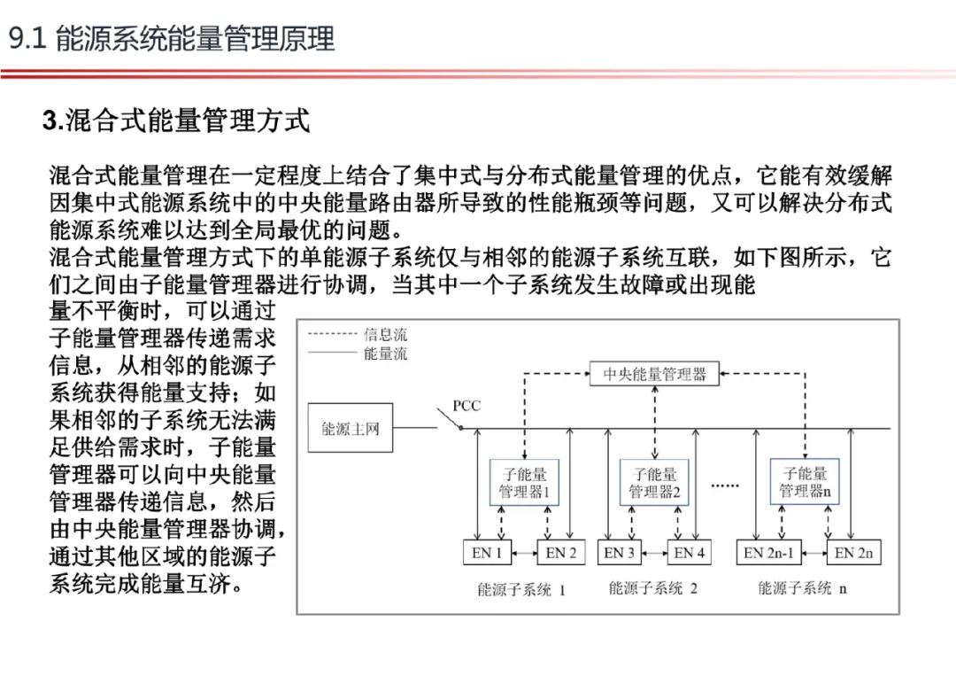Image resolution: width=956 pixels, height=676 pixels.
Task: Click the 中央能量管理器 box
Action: [x=655, y=374]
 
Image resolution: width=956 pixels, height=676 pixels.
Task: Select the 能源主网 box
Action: [x=350, y=429]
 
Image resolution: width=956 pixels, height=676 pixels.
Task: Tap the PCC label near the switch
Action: [x=466, y=406]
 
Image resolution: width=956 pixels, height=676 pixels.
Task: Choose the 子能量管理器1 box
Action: [x=524, y=483]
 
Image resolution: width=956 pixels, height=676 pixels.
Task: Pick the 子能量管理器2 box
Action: [x=654, y=483]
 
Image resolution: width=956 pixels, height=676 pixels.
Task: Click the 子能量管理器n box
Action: [x=804, y=483]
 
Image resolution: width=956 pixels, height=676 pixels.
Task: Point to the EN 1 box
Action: [x=486, y=553]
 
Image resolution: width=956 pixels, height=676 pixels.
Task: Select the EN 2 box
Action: [x=560, y=553]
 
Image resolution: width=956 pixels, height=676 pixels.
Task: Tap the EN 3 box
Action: [x=619, y=553]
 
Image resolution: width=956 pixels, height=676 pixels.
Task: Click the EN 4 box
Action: [x=689, y=553]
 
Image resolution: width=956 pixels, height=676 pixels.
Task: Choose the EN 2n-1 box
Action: [x=768, y=553]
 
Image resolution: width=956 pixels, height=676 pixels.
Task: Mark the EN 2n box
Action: [x=854, y=553]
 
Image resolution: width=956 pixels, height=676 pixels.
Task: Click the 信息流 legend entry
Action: [x=385, y=335]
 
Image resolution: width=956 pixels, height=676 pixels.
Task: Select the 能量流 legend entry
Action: [x=385, y=354]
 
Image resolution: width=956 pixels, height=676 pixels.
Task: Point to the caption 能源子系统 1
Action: [x=520, y=589]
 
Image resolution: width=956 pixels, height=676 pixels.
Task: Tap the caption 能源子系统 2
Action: [x=652, y=588]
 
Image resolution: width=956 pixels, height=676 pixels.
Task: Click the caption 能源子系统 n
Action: [x=802, y=588]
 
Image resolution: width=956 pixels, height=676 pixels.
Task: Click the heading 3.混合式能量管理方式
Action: [x=176, y=120]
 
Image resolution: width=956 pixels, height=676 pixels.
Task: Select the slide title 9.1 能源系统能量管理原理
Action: [x=172, y=40]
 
